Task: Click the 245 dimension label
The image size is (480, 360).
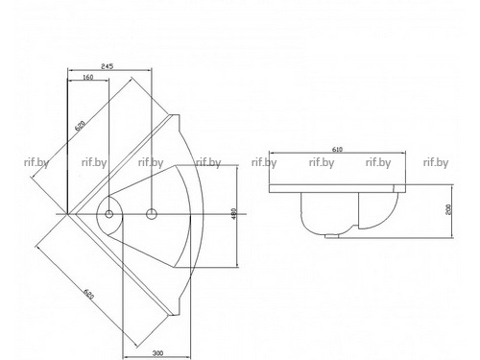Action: point(107,66)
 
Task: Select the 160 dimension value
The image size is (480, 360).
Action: point(87,77)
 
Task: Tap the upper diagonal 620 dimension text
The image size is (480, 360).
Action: point(81,126)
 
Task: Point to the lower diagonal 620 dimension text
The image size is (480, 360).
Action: point(88,294)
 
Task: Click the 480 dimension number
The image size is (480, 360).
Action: point(233,213)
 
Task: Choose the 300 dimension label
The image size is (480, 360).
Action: point(157,353)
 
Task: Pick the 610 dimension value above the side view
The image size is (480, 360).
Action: point(337,149)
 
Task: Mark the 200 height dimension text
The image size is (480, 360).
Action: point(448,209)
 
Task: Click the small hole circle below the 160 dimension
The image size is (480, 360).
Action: point(109,214)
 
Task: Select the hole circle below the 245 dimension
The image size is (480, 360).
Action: point(152,214)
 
